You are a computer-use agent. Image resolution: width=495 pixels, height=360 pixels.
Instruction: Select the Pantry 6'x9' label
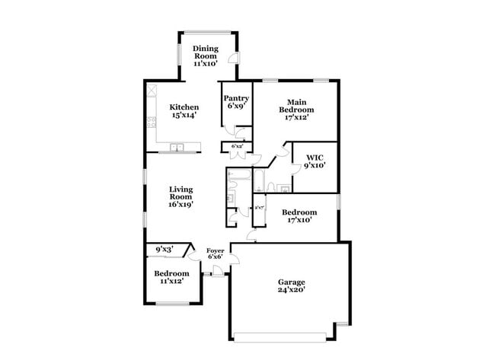pyautogui.click(x=236, y=102)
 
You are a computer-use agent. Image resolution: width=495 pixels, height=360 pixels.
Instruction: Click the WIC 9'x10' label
pyautogui.click(x=315, y=161)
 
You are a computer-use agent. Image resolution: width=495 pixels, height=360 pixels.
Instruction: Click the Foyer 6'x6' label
pyautogui.click(x=216, y=253)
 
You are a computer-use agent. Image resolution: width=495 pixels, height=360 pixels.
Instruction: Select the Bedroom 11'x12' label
pyautogui.click(x=171, y=277)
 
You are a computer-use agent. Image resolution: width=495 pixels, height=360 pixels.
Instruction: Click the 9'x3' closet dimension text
pyautogui.click(x=164, y=249)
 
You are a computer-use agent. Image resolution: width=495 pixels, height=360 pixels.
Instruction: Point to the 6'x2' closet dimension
pyautogui.click(x=236, y=146)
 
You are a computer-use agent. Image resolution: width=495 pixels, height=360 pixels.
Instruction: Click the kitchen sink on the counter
pyautogui.click(x=177, y=147)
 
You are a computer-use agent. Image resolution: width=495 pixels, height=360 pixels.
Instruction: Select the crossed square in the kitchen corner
pyautogui.click(x=152, y=88)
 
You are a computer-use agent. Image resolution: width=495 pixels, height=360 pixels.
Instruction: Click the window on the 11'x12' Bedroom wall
pyautogui.click(x=172, y=304)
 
